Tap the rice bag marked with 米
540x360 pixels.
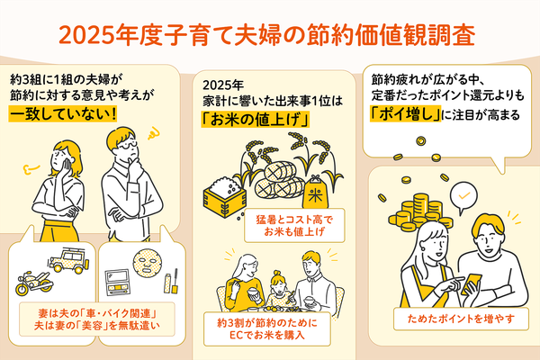click(316, 194)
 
